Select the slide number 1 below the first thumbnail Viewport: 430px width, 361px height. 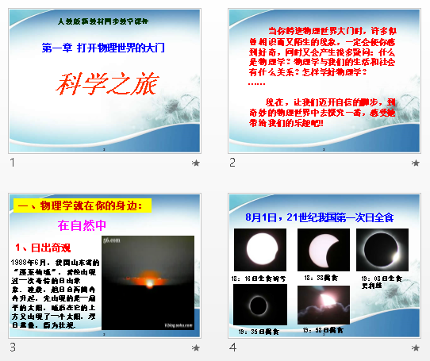click(12, 163)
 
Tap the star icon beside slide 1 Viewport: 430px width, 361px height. click(195, 163)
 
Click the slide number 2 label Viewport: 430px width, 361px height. click(232, 163)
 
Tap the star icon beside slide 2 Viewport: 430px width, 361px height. click(415, 163)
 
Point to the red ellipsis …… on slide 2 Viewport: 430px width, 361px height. click(256, 82)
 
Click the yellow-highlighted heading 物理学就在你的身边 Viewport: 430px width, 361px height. click(83, 206)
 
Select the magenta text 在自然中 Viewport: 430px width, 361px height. click(83, 225)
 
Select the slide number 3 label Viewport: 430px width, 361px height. click(12, 347)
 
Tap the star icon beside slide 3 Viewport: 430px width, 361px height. click(195, 347)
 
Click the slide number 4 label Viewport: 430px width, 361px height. click(232, 347)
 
